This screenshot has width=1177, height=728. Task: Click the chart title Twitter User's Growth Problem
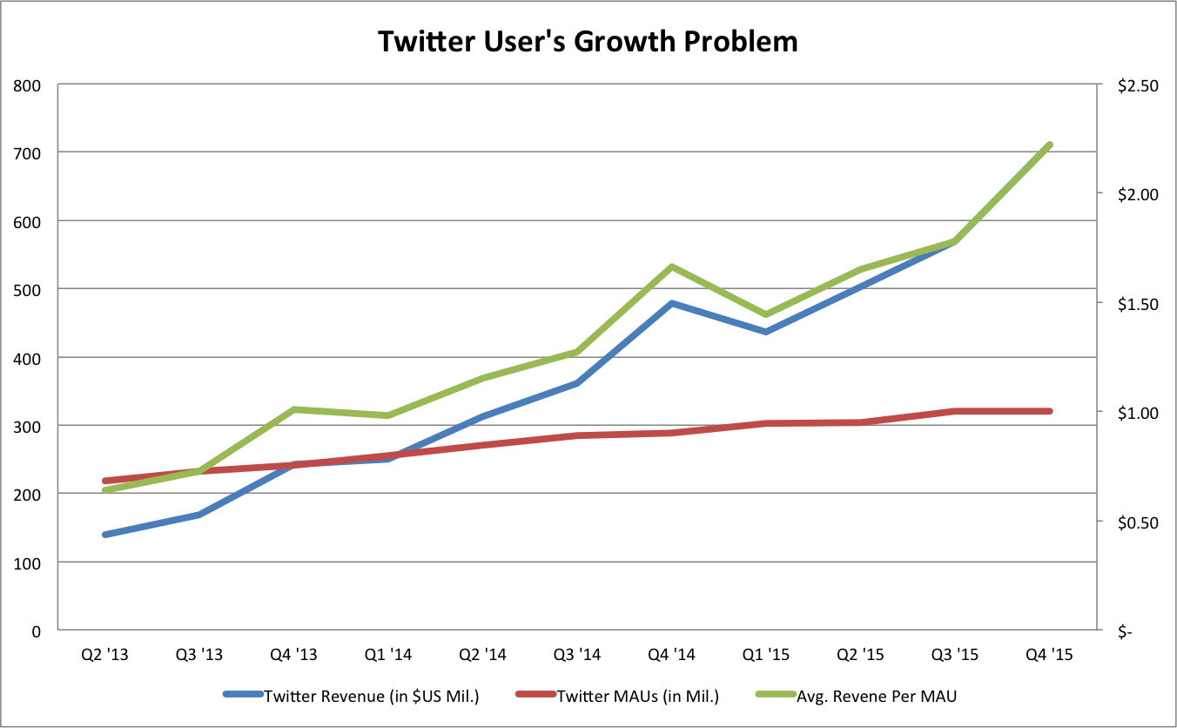pyautogui.click(x=588, y=41)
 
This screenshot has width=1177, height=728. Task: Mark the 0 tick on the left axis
pyautogui.click(x=36, y=630)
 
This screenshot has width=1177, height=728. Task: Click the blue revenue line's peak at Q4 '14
pyautogui.click(x=671, y=303)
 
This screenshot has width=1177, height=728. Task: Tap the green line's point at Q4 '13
pyautogui.click(x=294, y=409)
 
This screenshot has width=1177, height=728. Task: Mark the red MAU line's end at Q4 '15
pyautogui.click(x=1049, y=411)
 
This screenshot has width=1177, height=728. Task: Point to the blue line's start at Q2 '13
pyautogui.click(x=105, y=535)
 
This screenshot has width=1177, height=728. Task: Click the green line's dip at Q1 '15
pyautogui.click(x=766, y=314)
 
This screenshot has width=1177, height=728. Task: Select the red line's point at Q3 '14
pyautogui.click(x=577, y=435)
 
